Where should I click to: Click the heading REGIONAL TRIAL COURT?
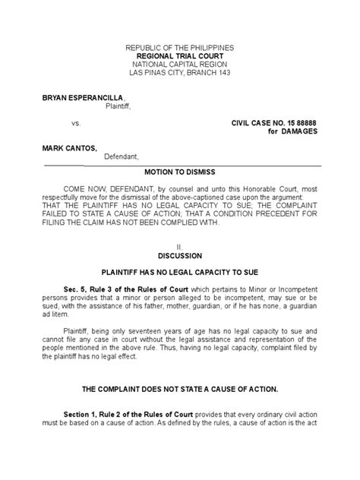179,56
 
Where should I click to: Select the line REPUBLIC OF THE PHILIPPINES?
179,47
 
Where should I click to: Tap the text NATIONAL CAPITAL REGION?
179,65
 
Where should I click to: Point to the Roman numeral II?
179,248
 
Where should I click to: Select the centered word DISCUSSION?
179,256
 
